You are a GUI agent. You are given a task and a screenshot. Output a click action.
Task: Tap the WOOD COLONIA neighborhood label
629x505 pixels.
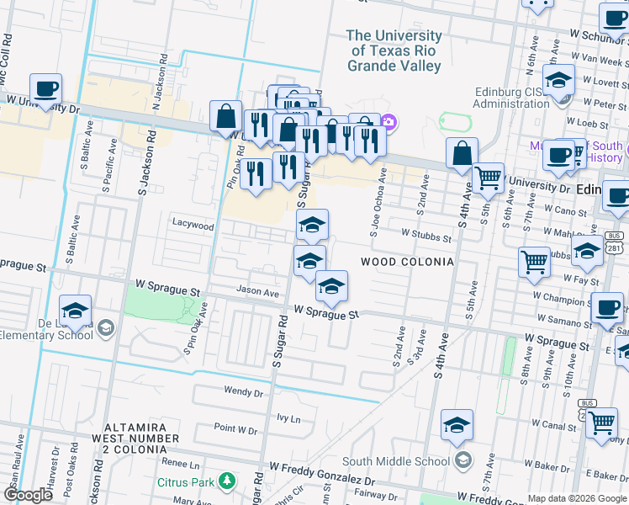click(407, 262)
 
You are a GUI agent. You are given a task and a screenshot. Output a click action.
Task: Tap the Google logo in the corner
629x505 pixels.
click(28, 495)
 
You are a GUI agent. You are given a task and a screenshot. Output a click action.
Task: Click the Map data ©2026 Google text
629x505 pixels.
click(576, 498)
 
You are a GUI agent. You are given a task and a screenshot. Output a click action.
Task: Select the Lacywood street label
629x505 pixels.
click(194, 225)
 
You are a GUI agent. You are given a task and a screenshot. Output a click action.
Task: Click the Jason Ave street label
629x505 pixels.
click(256, 292)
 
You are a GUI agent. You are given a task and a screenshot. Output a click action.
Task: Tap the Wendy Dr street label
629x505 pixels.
click(244, 391)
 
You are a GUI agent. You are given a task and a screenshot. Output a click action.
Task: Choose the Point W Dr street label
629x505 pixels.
click(235, 428)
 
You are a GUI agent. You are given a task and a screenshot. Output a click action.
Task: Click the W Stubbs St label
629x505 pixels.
click(425, 237)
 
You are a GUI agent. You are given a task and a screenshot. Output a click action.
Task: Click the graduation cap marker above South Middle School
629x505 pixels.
click(457, 425)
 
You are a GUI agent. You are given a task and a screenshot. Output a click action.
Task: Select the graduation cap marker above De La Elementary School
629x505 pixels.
click(75, 310)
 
